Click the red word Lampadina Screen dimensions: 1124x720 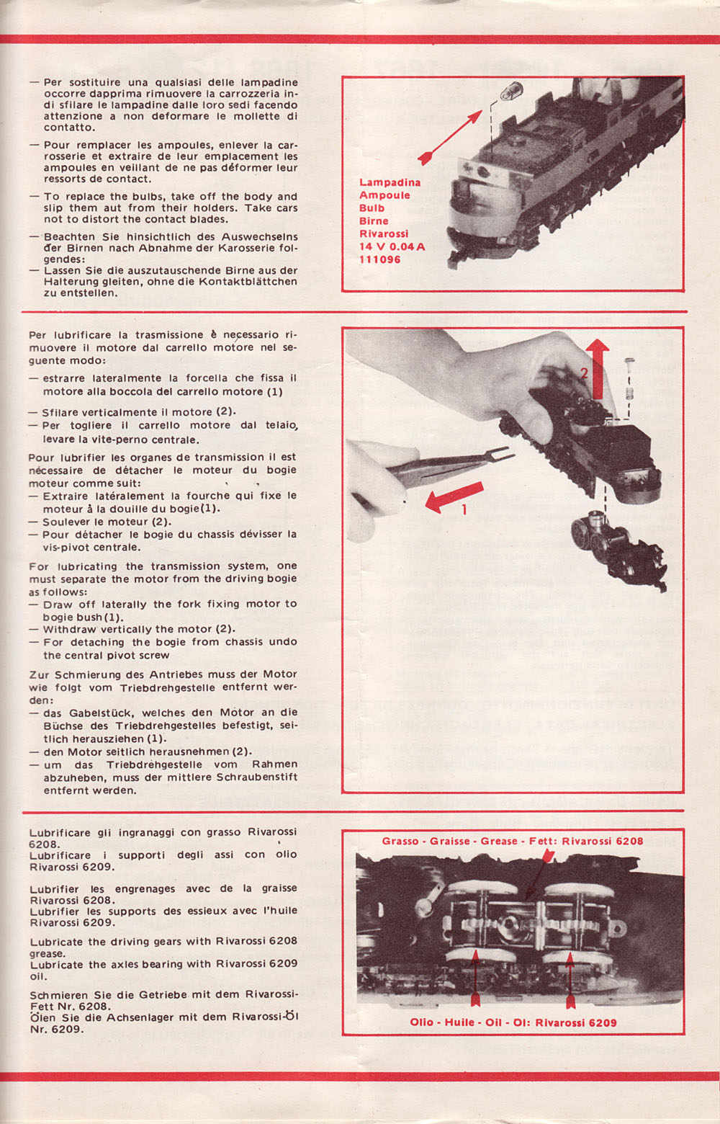point(390,182)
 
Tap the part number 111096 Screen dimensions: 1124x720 point(379,259)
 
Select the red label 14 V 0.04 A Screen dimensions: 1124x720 point(392,246)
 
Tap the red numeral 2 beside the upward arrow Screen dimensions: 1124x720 point(585,373)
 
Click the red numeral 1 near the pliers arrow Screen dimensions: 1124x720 point(464,509)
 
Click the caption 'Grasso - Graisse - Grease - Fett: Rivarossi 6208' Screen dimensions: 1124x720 point(512,841)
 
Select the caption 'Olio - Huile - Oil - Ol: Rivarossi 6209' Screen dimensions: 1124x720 point(513,1022)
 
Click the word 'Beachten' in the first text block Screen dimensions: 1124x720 point(68,236)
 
